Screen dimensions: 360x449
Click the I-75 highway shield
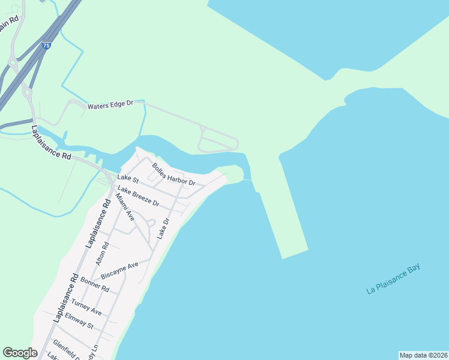[47, 45]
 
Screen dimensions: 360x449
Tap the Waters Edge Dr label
[110, 105]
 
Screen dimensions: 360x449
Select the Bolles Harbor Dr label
[173, 174]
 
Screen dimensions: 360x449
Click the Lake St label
[128, 178]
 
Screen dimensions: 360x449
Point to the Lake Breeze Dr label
[138, 196]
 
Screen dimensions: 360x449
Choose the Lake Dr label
[163, 229]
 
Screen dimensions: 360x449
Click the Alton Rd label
[101, 253]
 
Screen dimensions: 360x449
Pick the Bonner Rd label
[96, 285]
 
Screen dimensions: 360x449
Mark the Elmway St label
[79, 321]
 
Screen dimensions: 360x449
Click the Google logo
[20, 353]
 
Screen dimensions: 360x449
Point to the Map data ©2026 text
[423, 355]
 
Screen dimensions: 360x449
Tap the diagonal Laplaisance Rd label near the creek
[51, 143]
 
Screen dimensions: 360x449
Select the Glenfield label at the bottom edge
[65, 349]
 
